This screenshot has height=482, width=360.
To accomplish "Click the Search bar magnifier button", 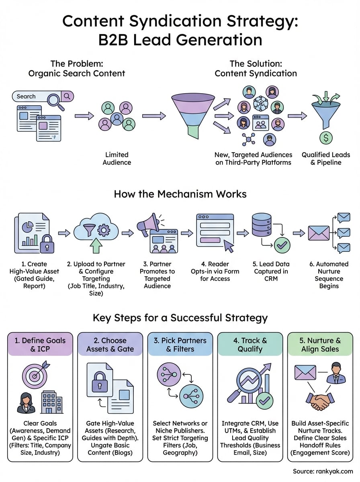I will click(67, 96).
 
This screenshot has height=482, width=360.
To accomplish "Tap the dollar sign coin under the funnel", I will click(325, 137).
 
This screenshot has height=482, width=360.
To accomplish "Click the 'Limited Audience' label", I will click(117, 158).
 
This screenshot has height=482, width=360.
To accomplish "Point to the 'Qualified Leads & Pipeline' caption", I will click(326, 158).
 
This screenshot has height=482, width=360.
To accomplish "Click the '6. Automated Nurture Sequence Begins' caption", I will click(329, 275).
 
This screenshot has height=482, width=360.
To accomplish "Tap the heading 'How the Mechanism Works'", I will click(180, 194).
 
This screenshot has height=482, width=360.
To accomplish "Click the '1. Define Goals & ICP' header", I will click(40, 344).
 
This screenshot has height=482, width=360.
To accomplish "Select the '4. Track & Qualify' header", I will click(250, 344).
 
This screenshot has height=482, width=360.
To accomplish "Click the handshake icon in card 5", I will click(320, 401).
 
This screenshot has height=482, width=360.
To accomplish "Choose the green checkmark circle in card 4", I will click(264, 400).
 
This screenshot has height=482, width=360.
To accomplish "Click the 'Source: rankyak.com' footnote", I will click(323, 471).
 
